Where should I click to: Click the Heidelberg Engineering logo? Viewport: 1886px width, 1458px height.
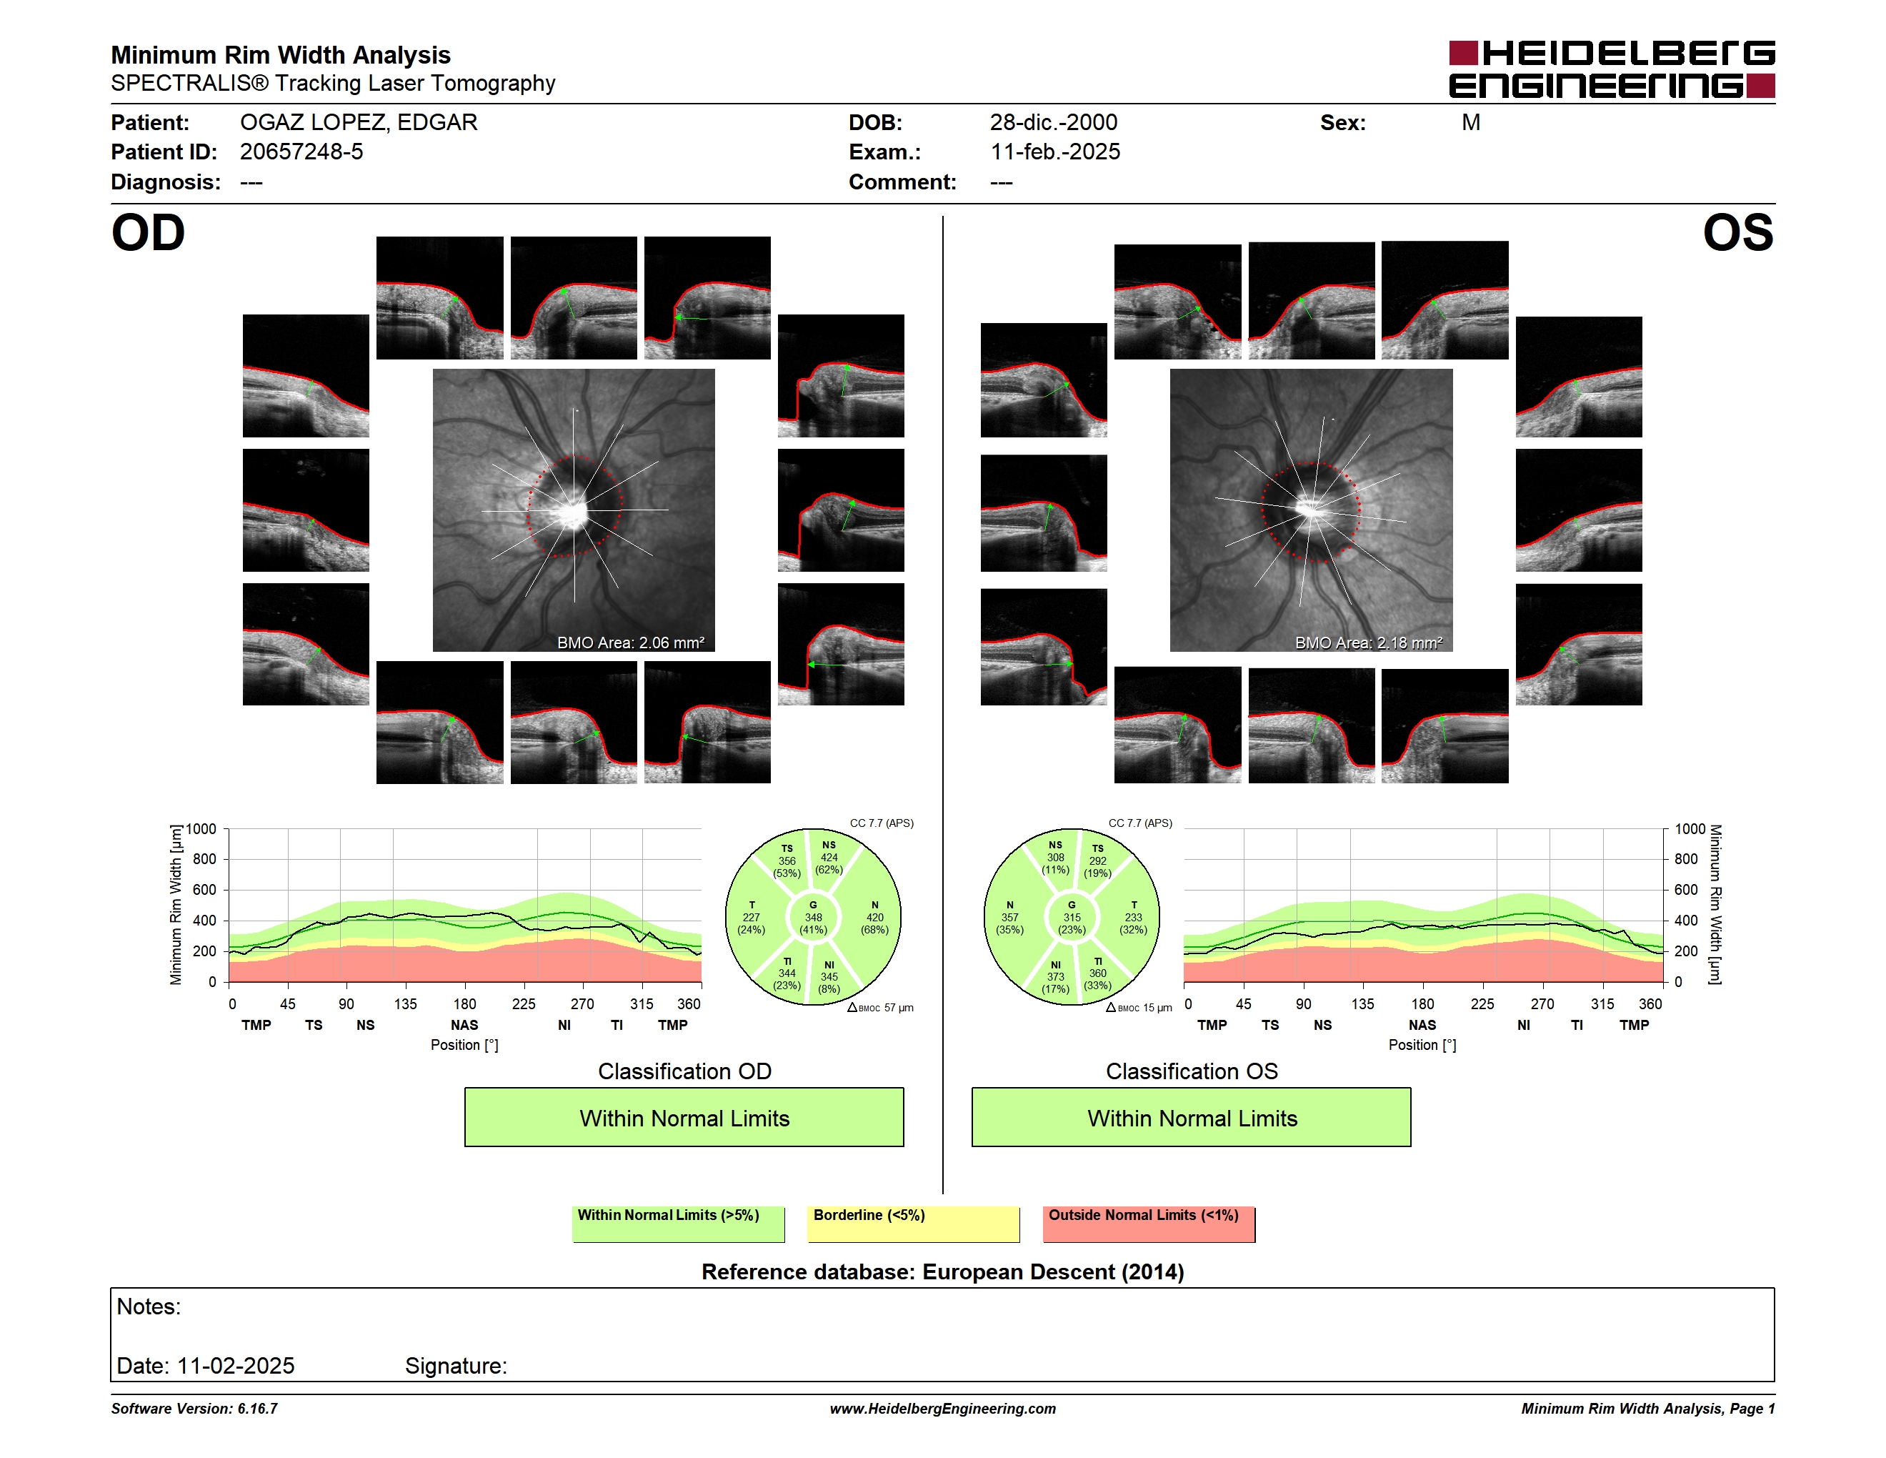coord(1612,69)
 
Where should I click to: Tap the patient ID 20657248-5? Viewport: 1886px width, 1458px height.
coord(301,152)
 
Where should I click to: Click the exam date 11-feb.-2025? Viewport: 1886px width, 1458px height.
coord(1055,152)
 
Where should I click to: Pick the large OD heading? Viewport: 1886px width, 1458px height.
coord(149,233)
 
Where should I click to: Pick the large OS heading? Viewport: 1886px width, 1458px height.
coord(1738,233)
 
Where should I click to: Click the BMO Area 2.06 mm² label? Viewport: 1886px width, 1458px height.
coord(630,643)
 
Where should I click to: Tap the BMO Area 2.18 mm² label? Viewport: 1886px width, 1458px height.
coord(1369,643)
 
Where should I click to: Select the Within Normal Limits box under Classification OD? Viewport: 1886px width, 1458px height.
coord(684,1118)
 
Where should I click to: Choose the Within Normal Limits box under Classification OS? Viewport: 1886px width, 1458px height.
coord(1192,1118)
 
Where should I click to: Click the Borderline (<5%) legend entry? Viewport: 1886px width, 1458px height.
coord(914,1224)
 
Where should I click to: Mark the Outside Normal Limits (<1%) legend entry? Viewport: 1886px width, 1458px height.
coord(1149,1224)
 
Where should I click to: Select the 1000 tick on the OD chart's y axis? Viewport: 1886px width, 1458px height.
coord(201,829)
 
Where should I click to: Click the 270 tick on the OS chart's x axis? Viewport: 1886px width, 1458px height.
coord(1542,1003)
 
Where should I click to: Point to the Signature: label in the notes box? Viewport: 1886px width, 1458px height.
coord(456,1366)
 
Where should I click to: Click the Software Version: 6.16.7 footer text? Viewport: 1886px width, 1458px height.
coord(194,1409)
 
